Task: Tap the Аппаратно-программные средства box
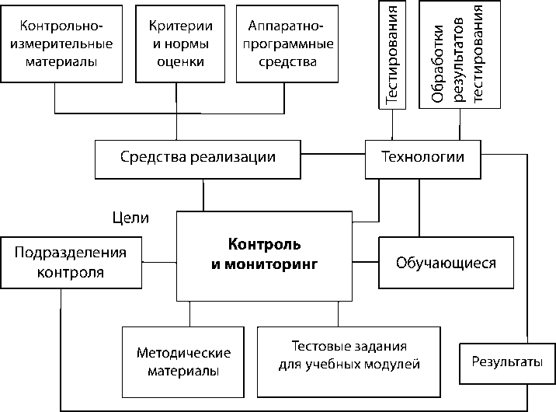pyautogui.click(x=287, y=44)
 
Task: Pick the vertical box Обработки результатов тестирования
pyautogui.click(x=459, y=54)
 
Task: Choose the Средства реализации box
pyautogui.click(x=198, y=157)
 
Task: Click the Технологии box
pyautogui.click(x=422, y=157)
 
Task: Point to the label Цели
pyautogui.click(x=130, y=218)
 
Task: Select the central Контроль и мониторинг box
pyautogui.click(x=265, y=255)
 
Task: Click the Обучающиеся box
pyautogui.click(x=446, y=262)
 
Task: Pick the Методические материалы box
pyautogui.click(x=182, y=361)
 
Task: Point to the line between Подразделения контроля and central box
pyautogui.click(x=162, y=263)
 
